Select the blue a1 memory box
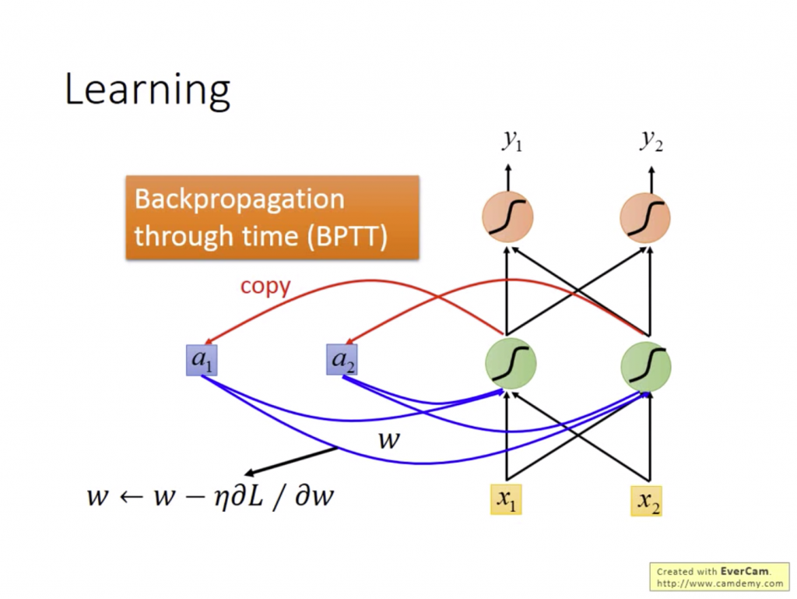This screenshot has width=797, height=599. pyautogui.click(x=201, y=360)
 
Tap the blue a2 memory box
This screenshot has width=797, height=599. pyautogui.click(x=342, y=360)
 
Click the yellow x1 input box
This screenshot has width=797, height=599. pyautogui.click(x=506, y=499)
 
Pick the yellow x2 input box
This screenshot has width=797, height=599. pyautogui.click(x=646, y=501)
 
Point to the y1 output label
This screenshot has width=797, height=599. pyautogui.click(x=511, y=140)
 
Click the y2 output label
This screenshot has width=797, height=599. pyautogui.click(x=651, y=140)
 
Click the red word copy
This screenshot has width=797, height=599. pyautogui.click(x=265, y=286)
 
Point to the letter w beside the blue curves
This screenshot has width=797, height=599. pyautogui.click(x=388, y=441)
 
